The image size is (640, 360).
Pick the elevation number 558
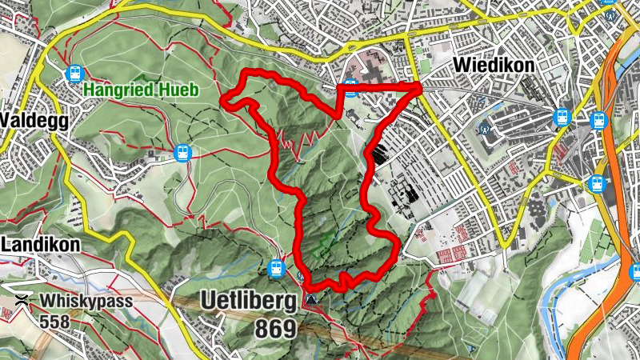tap(54, 322)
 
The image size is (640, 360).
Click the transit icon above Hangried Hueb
tap(75, 73)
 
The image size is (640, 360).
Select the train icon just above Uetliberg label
tap(277, 267)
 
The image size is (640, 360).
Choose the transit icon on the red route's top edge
tap(350, 89)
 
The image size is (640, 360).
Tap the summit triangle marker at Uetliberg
tap(310, 300)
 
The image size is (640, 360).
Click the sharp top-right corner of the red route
tap(420, 86)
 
